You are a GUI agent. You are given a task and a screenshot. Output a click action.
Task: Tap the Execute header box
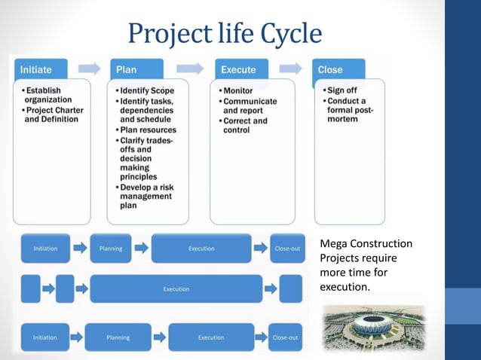tap(246, 69)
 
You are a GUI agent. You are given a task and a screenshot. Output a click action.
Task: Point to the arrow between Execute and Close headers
tap(296, 69)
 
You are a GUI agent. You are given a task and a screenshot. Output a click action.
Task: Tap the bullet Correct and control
tap(244, 126)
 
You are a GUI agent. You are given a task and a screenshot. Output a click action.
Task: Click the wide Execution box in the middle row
tap(176, 288)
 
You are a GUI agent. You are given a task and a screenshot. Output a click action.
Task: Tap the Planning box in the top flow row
tap(111, 249)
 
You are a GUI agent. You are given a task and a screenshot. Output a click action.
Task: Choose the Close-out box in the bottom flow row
tap(285, 337)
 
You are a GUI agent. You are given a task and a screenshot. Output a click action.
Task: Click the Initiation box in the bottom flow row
tap(45, 337)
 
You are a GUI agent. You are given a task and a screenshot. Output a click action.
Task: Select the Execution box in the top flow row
tap(201, 249)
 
